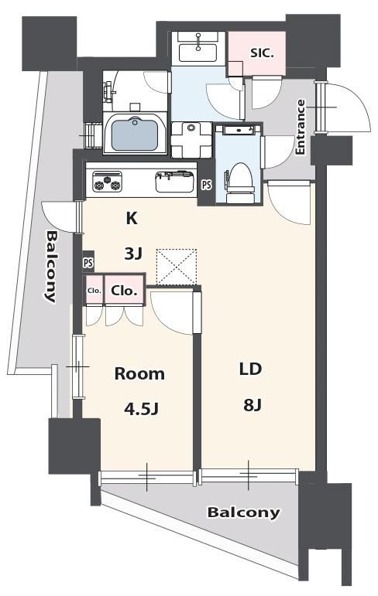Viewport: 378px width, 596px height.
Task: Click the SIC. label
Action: point(263,53)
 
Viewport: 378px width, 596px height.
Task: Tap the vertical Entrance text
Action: point(301,127)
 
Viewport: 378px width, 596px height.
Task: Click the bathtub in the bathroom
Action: point(136,134)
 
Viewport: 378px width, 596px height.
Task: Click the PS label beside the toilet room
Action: point(206,185)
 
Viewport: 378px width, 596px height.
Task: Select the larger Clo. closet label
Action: point(125,291)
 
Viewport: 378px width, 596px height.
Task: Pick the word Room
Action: point(139,374)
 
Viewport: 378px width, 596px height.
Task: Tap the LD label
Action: point(249,369)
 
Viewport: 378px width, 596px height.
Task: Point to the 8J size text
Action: point(249,404)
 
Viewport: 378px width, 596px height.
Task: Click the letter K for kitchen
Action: point(132,218)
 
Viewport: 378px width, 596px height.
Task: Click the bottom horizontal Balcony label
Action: point(243,513)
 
